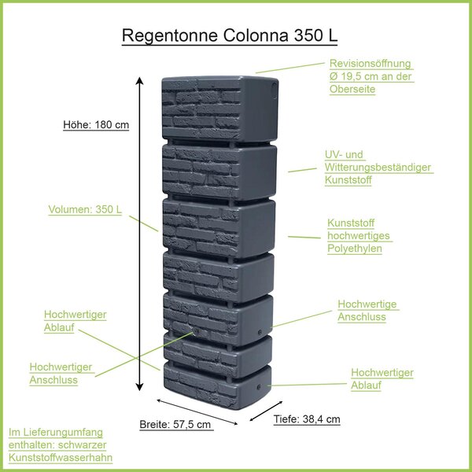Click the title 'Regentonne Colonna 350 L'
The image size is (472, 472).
pyautogui.click(x=230, y=35)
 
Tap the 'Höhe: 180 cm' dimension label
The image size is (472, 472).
pyautogui.click(x=96, y=124)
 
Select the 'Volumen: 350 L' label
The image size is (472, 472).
pyautogui.click(x=85, y=209)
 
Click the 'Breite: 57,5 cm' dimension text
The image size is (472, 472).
pyautogui.click(x=175, y=425)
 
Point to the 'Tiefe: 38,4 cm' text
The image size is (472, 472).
pyautogui.click(x=307, y=419)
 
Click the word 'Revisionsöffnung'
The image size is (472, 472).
pyautogui.click(x=371, y=64)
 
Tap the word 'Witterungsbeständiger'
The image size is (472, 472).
pyautogui.click(x=378, y=168)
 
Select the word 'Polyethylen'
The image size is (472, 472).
pyautogui.click(x=355, y=249)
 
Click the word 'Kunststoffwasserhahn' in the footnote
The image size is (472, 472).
pyautogui.click(x=61, y=458)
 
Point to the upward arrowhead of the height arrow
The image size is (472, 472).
pyautogui.click(x=139, y=81)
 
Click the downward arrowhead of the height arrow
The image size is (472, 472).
pyautogui.click(x=139, y=387)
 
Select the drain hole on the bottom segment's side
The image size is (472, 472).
pyautogui.click(x=259, y=387)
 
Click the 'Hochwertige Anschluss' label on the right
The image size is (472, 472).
pyautogui.click(x=367, y=311)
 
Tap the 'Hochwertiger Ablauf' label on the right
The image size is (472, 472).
pyautogui.click(x=382, y=378)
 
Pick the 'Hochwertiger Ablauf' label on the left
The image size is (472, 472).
pyautogui.click(x=76, y=321)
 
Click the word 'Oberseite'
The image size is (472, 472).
pyautogui.click(x=352, y=89)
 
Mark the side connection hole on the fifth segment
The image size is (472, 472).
pyautogui.click(x=260, y=332)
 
